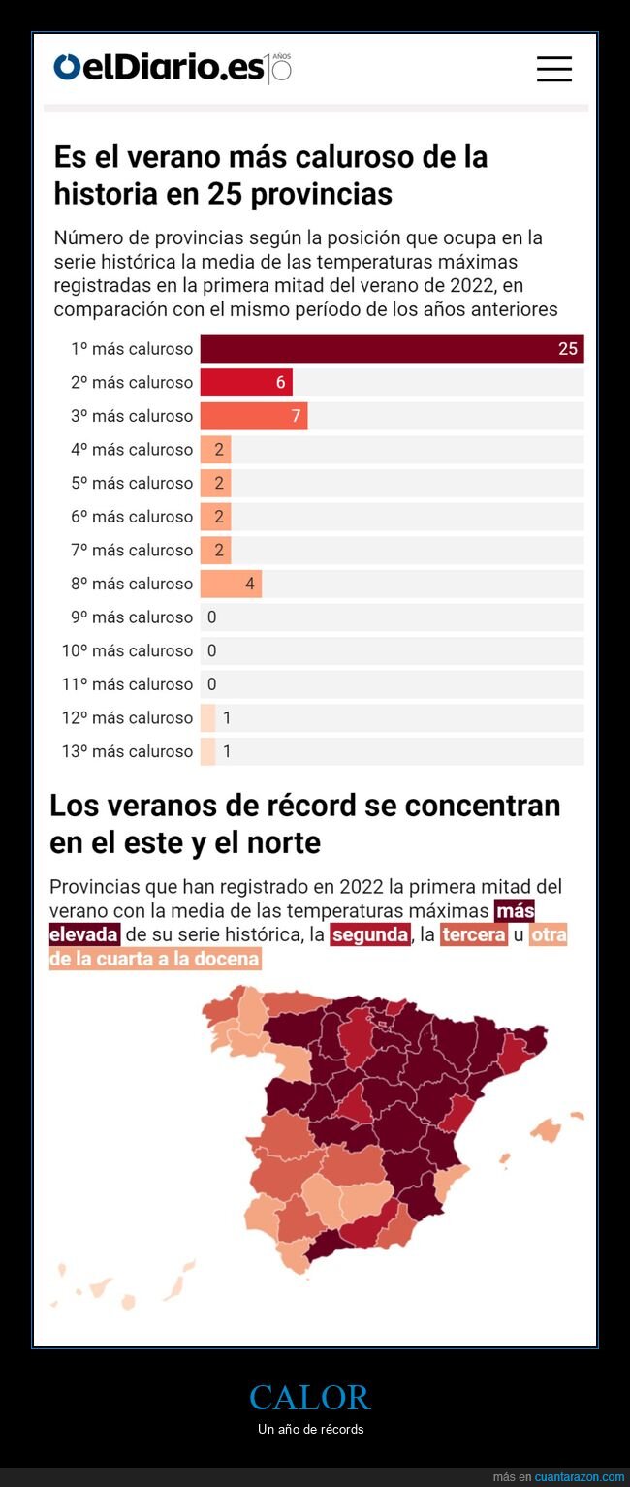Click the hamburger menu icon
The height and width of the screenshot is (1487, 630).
553,69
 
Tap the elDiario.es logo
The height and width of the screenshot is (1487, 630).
160,68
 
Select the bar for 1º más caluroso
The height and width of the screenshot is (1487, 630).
391,349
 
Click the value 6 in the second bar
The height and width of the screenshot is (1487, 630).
281,383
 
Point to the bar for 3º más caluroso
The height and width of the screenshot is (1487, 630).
253,416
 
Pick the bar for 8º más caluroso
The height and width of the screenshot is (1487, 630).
231,584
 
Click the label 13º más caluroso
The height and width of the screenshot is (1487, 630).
127,751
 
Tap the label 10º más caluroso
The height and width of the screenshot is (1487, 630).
127,650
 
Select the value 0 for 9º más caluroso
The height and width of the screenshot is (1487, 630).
211,617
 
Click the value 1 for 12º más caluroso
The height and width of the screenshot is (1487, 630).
227,718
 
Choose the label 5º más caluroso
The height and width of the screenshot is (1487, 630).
132,483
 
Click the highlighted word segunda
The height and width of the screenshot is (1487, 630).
369,934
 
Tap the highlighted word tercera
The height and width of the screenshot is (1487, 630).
473,934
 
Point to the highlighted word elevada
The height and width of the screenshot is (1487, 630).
84,934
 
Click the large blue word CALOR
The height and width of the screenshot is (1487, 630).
309,1397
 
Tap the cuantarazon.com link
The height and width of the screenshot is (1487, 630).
579,1476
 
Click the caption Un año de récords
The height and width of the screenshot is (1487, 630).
310,1429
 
